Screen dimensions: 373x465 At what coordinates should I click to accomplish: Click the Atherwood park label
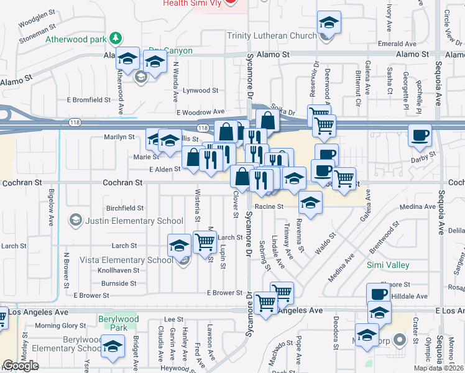[x=76, y=39]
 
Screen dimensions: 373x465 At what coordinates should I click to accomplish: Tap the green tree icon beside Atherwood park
[x=115, y=39]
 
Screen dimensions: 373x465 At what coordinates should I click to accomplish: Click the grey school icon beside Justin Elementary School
[x=76, y=220]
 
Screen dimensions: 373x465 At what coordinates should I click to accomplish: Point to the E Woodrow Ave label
[x=200, y=113]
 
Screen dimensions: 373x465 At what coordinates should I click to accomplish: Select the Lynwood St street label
[x=200, y=91]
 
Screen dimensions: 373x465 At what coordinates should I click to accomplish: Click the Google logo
[x=21, y=366]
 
